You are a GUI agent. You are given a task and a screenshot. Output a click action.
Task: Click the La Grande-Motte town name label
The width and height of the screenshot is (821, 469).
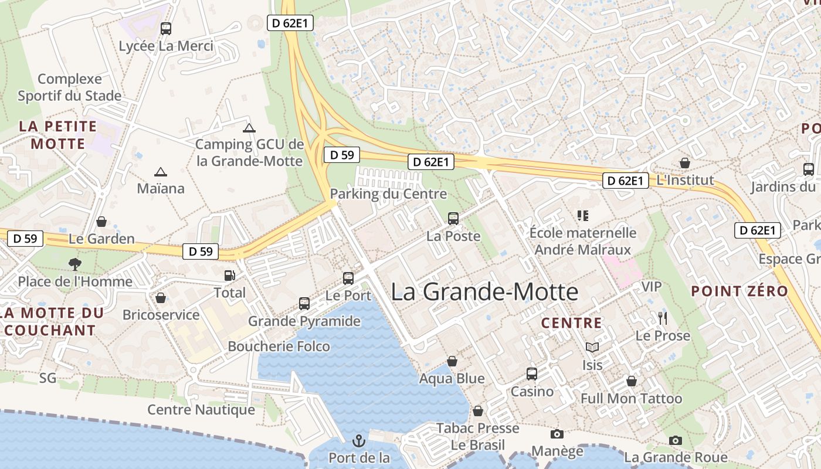484,292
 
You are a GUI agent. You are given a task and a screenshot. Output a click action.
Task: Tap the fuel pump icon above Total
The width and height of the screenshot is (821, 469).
230,275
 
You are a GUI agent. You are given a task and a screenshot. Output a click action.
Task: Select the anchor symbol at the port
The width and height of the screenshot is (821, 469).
358,440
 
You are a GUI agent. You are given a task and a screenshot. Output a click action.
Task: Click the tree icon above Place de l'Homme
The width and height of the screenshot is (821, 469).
75,264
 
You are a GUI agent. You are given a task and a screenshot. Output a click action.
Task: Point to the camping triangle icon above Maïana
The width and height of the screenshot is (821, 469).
160,172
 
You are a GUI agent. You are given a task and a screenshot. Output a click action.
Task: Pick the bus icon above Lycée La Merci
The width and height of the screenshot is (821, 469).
166,28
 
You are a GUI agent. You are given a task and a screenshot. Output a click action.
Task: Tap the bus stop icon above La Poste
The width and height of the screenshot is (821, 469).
453,219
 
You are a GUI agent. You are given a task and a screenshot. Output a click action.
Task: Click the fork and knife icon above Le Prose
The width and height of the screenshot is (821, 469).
663,318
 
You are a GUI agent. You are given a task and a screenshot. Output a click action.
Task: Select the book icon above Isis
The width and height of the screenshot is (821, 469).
592,347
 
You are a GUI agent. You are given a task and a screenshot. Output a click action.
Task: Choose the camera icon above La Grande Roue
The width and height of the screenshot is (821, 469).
676,440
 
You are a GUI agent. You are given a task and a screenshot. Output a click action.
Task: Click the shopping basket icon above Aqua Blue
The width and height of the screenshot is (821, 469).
452,361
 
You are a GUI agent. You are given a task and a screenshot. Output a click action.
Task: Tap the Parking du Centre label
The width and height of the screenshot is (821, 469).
388,194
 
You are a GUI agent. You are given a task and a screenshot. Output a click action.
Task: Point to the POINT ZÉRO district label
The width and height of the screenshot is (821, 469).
739,291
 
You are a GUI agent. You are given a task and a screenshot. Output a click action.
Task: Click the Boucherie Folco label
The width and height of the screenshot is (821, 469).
279,346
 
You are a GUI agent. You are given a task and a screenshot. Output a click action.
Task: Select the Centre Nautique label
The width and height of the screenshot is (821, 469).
201,410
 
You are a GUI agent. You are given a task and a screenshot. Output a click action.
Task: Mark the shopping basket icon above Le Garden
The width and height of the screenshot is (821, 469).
101,222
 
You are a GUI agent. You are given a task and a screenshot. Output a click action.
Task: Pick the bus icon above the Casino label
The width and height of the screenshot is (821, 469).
532,373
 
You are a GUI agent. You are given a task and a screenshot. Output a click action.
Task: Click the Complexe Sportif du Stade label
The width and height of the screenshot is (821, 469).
70,87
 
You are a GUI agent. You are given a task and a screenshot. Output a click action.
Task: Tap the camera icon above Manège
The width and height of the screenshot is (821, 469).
557,434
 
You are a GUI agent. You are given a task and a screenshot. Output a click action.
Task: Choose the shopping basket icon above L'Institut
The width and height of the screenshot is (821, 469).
684,163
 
